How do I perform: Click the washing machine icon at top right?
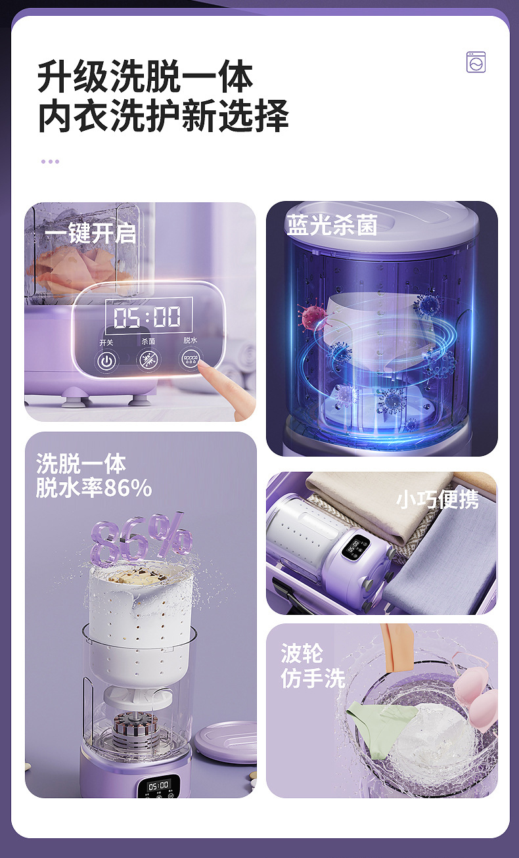pos(476,62)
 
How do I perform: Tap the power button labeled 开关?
pos(106,361)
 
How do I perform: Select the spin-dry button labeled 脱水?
pos(191,359)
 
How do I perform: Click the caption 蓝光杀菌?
pos(332,225)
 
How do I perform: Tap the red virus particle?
pos(313,317)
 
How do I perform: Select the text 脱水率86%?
pos(94,487)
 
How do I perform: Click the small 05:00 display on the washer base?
pos(158,786)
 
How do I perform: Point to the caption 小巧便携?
pos(438,499)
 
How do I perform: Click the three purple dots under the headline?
pos(50,162)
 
